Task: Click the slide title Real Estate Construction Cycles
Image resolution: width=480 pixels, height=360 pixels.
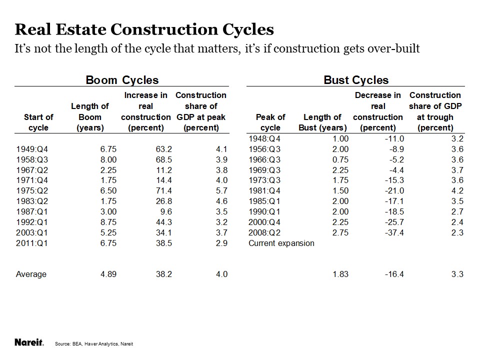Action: (x=144, y=29)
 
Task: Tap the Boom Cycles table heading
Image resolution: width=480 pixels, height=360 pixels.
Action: (x=122, y=80)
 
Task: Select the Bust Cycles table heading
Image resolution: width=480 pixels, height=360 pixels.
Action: (x=355, y=80)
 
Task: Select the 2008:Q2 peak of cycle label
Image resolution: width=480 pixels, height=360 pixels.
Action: (x=264, y=232)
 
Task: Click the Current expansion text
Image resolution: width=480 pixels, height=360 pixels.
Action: (x=281, y=243)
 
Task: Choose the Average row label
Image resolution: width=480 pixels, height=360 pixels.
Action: (x=31, y=274)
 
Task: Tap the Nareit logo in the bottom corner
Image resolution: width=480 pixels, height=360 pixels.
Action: (x=29, y=342)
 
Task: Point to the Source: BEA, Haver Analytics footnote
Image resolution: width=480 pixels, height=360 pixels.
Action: (x=94, y=344)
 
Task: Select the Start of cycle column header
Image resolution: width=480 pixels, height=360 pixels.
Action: (x=38, y=122)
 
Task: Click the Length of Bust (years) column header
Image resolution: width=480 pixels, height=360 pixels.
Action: (x=322, y=122)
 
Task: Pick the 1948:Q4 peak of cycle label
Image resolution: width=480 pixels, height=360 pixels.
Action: (x=264, y=138)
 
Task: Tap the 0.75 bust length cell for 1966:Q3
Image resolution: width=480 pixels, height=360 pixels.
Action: (x=339, y=159)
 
